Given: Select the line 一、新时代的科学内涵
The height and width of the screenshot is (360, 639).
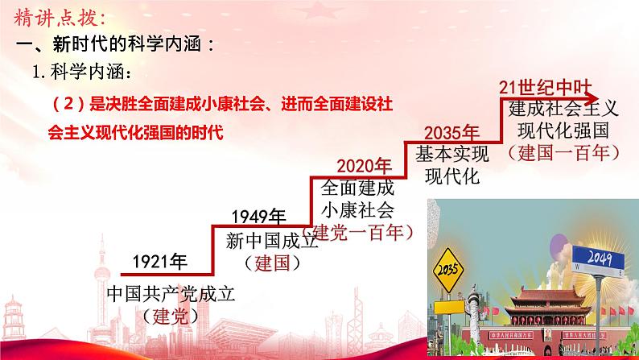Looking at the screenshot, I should pos(117,44).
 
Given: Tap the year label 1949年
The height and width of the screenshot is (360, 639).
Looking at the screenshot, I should pos(258,216).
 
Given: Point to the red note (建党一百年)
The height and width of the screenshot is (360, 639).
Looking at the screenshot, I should pos(361,232).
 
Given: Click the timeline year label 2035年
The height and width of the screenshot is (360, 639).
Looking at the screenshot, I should pos(451,132).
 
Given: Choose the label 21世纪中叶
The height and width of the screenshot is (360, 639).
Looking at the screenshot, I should pos(537,86).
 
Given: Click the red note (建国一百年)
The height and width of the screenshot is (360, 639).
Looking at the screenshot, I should pos(562,151).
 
